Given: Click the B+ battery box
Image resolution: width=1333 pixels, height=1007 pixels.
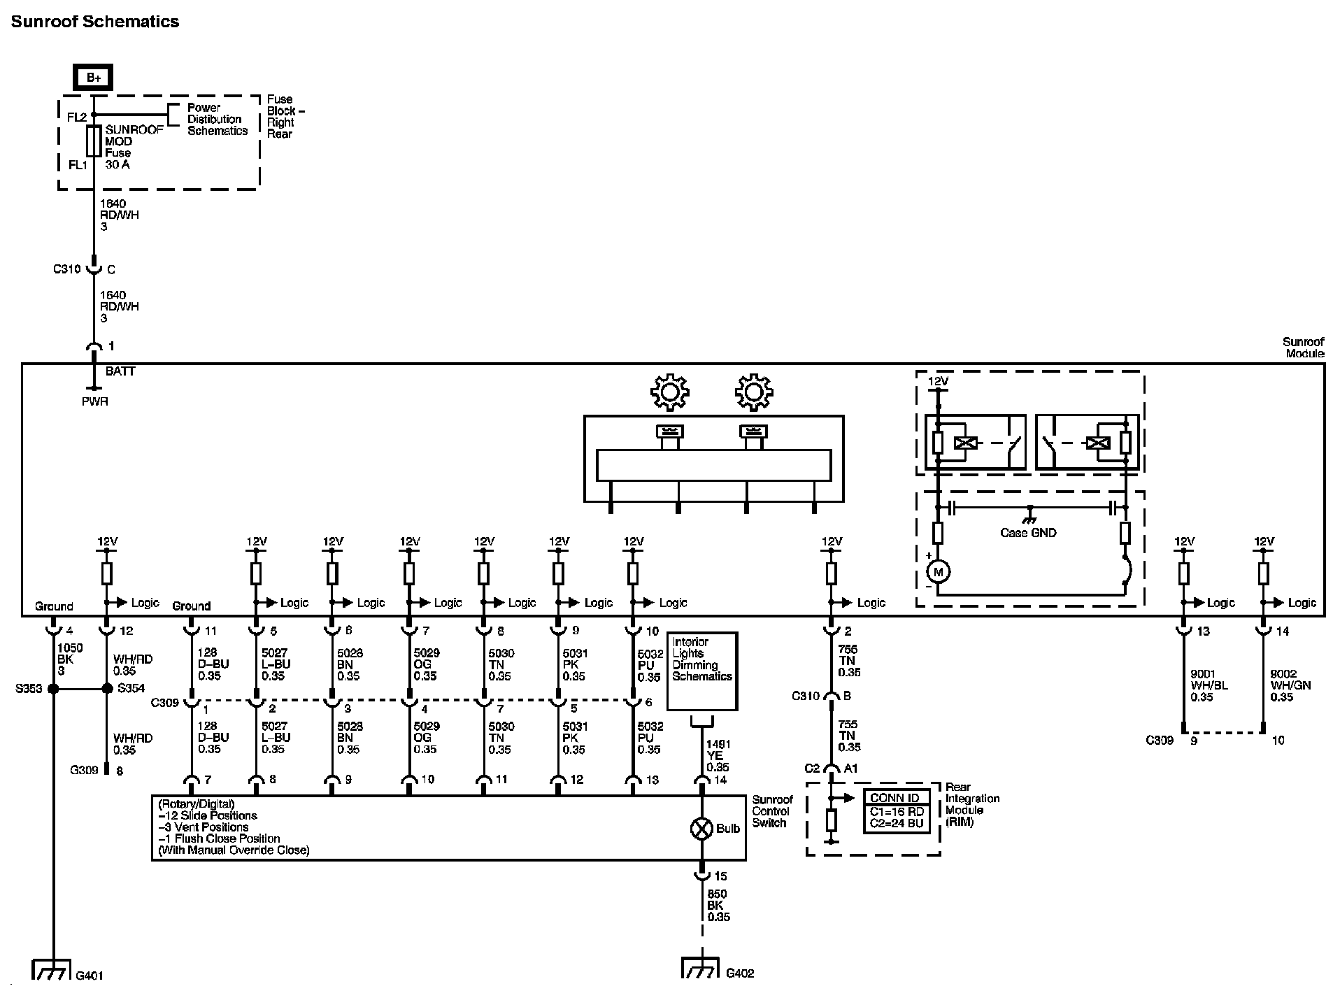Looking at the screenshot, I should tap(94, 78).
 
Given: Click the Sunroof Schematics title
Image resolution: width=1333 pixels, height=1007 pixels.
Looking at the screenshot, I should tap(95, 22).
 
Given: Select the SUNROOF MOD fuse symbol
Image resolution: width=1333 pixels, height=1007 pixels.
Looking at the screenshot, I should tap(93, 141).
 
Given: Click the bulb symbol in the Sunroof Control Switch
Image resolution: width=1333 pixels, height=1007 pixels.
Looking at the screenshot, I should tap(701, 829).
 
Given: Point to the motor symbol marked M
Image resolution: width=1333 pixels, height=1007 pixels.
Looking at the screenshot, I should tap(938, 572).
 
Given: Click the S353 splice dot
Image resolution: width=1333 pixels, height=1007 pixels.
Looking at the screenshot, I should tap(53, 689).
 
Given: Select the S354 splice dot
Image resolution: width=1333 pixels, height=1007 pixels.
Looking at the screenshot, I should tap(107, 689).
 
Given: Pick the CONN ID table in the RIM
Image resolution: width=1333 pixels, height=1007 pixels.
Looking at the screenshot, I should tap(897, 811).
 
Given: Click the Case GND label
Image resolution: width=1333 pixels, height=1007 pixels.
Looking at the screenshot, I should tap(1027, 533).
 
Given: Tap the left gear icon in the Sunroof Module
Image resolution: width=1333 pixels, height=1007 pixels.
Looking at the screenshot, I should tap(669, 392).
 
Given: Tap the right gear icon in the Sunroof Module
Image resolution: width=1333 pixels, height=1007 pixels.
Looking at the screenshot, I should tap(753, 392).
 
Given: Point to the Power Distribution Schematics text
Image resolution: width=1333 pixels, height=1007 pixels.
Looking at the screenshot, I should tap(217, 120).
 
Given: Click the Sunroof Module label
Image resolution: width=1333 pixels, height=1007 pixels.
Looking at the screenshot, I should tap(1303, 348).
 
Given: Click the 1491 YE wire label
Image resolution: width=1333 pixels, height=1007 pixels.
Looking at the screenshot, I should tap(718, 756).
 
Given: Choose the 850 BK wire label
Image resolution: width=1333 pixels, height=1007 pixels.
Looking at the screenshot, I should tap(718, 905).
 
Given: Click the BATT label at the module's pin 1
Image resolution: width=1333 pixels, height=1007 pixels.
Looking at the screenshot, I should tap(120, 371).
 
